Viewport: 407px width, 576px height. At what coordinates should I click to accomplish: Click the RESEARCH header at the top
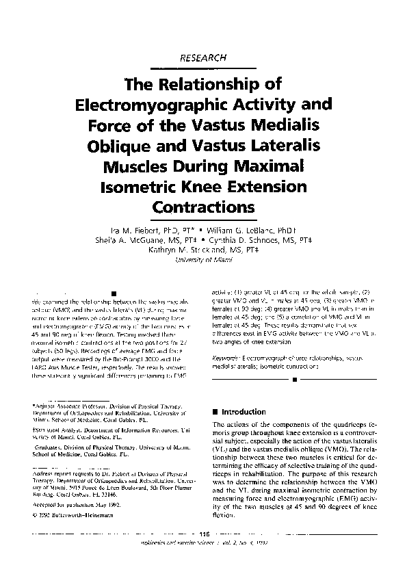202,58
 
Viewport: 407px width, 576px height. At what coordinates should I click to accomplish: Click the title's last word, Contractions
202,207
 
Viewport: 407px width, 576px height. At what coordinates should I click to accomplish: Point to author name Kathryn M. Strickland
202,250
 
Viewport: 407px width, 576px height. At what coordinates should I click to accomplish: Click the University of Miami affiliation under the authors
202,261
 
